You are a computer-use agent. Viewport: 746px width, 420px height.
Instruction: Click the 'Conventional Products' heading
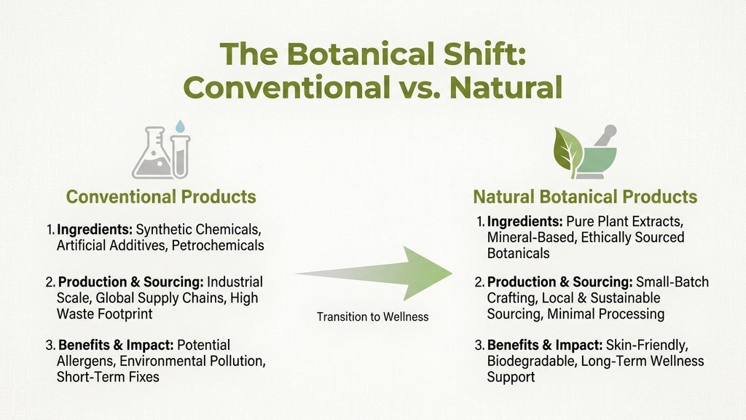[161, 196]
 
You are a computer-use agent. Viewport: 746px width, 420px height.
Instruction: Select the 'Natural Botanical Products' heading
[585, 196]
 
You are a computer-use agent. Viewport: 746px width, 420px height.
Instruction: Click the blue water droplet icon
[180, 126]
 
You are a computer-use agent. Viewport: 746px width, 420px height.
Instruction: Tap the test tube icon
[181, 157]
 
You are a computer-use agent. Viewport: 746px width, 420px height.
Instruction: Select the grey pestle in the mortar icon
[605, 135]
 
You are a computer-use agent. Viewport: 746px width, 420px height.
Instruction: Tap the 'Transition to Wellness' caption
[372, 316]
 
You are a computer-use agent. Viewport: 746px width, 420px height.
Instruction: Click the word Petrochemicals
[217, 245]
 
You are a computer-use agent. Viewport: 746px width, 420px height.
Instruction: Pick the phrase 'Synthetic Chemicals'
[198, 230]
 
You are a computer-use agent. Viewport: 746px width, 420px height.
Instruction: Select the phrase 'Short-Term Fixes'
[108, 377]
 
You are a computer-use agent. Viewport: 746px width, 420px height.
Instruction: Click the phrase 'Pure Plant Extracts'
[624, 222]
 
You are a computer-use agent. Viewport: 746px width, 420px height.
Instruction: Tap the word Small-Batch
[672, 282]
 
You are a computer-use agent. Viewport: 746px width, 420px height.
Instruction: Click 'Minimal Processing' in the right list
[605, 314]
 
